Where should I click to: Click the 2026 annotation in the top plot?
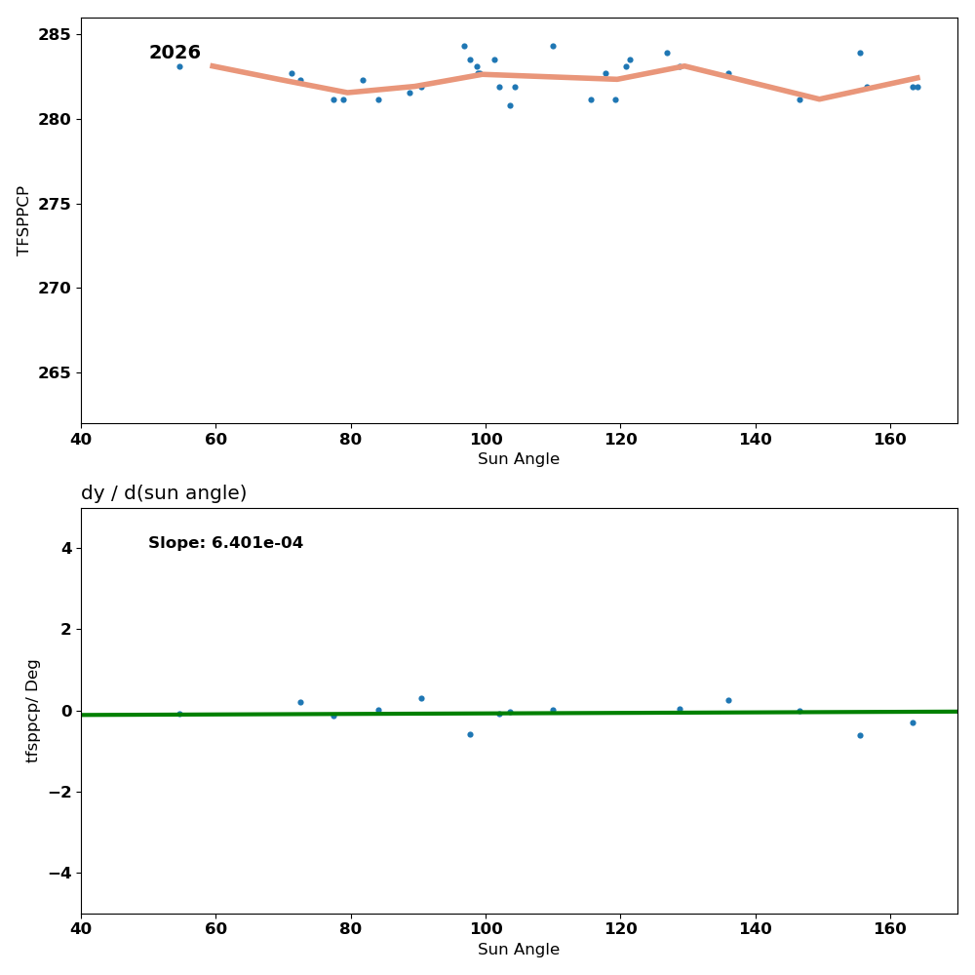tap(175, 53)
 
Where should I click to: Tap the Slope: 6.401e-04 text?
tap(225, 543)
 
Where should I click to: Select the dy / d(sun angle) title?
tap(164, 493)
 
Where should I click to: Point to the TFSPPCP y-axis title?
tap(24, 220)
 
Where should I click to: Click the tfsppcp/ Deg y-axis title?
tap(33, 711)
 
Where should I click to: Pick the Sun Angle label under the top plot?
tap(519, 459)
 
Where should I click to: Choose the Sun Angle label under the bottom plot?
tap(519, 950)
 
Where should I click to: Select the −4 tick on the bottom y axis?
tap(59, 874)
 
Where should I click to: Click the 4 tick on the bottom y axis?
tap(65, 549)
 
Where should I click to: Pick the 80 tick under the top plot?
tap(350, 437)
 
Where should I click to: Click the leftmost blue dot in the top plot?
tap(179, 66)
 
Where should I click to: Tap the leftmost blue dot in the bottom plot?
tap(179, 714)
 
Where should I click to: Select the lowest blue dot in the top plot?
tap(510, 105)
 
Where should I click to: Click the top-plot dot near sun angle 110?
tap(553, 46)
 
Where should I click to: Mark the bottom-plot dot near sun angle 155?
tap(860, 735)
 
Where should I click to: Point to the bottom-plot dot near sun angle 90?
tap(421, 698)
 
